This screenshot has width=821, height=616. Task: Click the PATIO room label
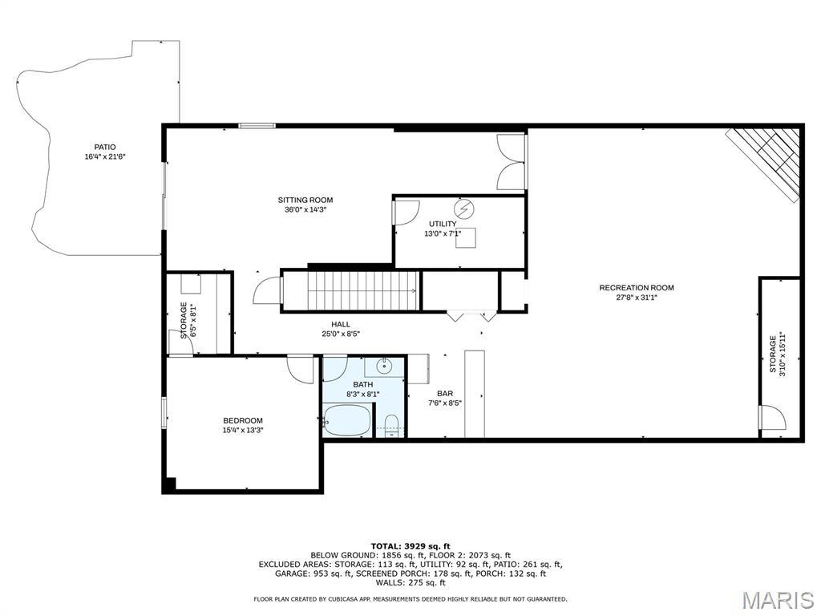pos(105,148)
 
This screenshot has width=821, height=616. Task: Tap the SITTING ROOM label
pos(305,200)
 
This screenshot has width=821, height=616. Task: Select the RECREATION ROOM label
pos(637,288)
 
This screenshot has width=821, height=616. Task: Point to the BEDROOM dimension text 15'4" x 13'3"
pos(243,430)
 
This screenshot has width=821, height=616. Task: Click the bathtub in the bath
pos(347,420)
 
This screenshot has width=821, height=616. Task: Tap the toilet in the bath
pos(391,425)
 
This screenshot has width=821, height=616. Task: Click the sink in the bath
pos(385,366)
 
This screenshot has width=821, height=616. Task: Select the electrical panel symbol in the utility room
pos(463,209)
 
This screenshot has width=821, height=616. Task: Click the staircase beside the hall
pos(362,291)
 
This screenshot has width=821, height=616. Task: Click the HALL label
pos(340,324)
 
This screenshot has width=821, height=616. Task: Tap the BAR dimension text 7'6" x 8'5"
pos(445,403)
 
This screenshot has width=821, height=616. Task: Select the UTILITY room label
pos(443,225)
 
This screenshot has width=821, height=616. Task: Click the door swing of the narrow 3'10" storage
pos(773,417)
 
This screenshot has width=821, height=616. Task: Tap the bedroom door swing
pos(301,370)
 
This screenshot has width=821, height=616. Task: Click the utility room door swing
pos(406,213)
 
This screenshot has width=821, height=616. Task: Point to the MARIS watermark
pos(778,600)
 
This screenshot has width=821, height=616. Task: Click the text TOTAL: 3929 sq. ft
pos(410,546)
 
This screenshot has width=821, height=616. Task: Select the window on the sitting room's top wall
pos(257,126)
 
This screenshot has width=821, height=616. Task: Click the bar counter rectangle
pos(475,394)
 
